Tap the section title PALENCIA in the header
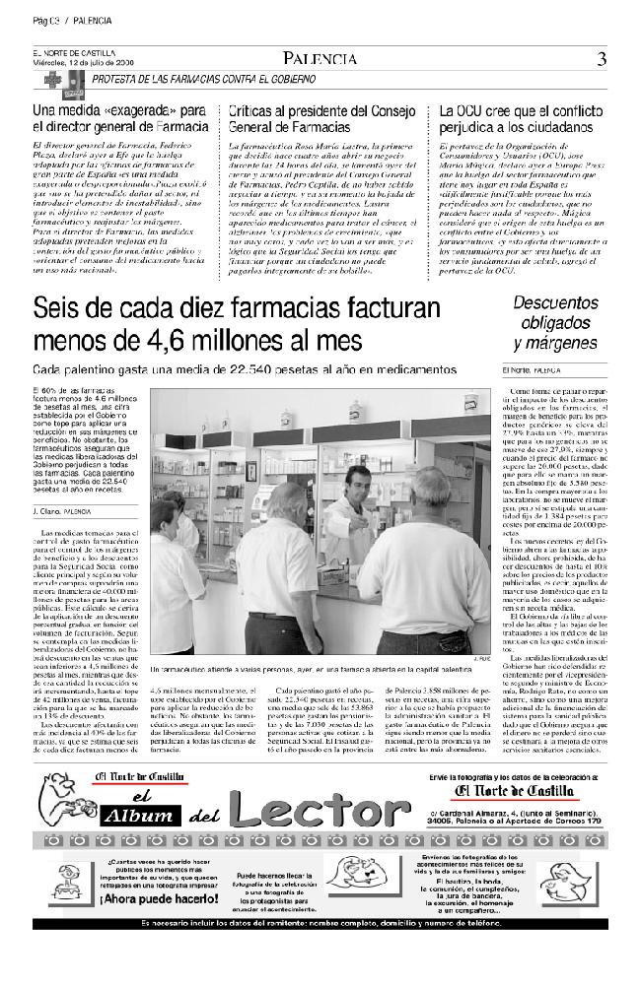pyautogui.click(x=318, y=59)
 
